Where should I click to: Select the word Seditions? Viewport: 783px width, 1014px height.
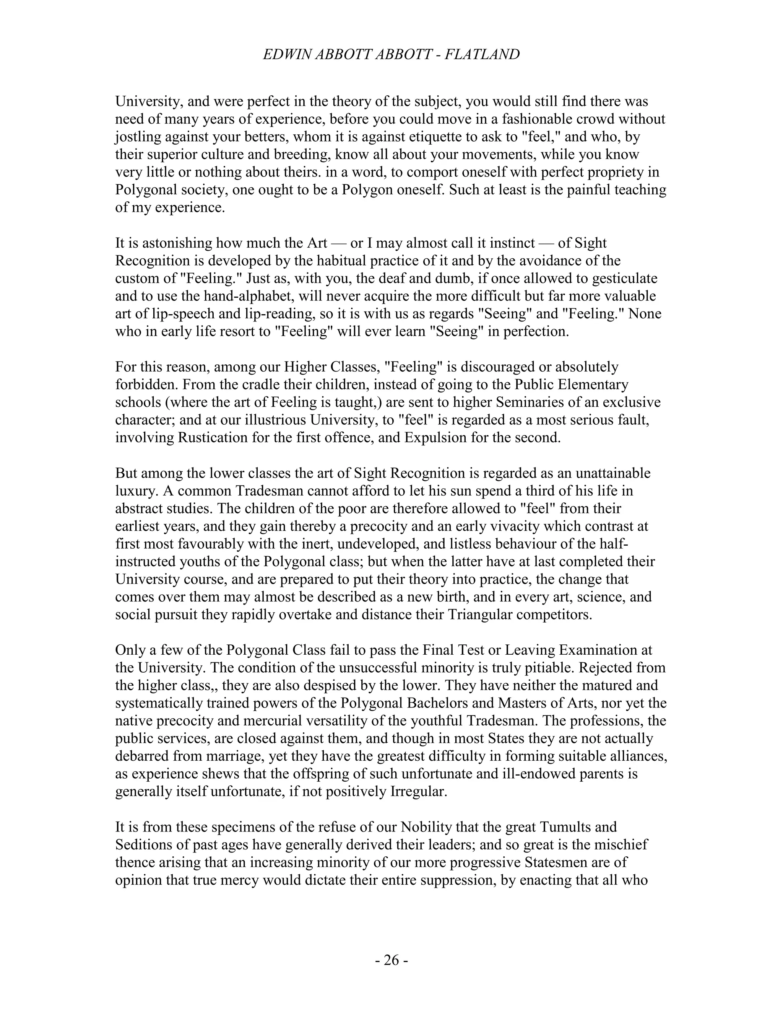click(144, 844)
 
